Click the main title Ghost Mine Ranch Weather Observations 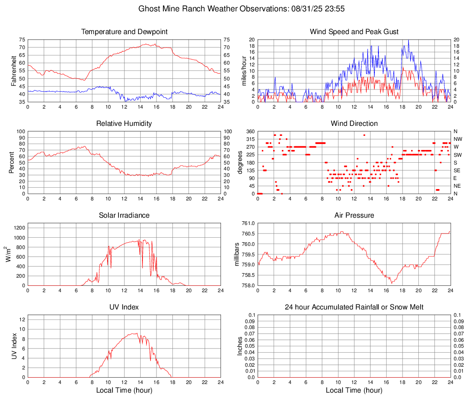click(x=233, y=9)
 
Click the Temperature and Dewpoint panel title click(x=124, y=32)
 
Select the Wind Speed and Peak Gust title click(x=354, y=32)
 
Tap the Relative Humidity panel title click(x=124, y=124)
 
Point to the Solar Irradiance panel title click(x=124, y=215)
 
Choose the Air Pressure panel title click(x=354, y=215)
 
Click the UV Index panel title click(x=124, y=307)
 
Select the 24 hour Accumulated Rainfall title click(x=354, y=307)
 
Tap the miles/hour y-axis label click(x=244, y=70)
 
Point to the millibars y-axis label click(x=237, y=254)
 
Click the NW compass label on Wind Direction click(x=458, y=139)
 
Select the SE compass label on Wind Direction click(x=457, y=170)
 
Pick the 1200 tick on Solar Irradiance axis click(x=19, y=226)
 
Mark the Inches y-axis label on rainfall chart click(x=240, y=346)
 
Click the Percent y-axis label click(x=12, y=162)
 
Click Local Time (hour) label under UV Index click(x=124, y=390)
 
